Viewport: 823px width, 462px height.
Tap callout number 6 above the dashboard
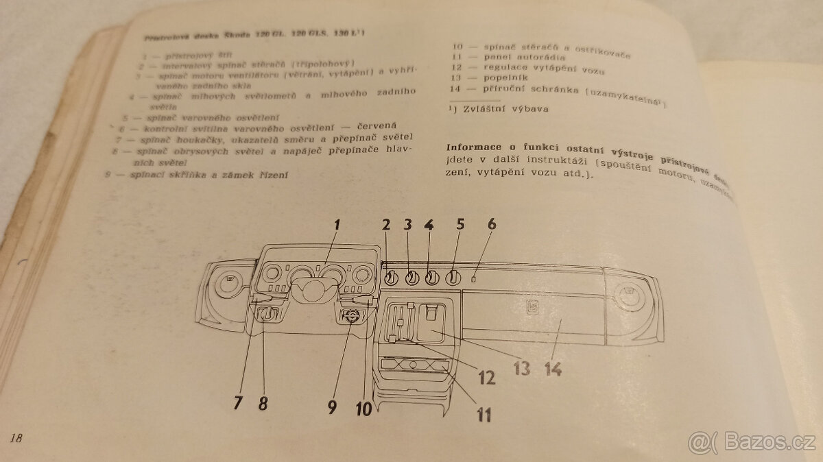[x=491, y=223]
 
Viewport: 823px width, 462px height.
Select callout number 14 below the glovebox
[x=553, y=368]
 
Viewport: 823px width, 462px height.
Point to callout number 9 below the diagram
[x=333, y=407]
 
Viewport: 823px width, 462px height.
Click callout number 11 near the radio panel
[x=484, y=414]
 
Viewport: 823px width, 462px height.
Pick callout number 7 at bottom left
[x=238, y=402]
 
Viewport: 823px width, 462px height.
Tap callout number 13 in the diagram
[x=521, y=368]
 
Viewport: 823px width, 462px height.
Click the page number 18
[x=17, y=438]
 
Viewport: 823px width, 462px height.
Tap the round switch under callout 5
[x=453, y=278]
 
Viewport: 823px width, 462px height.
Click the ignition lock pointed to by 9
[x=350, y=317]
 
